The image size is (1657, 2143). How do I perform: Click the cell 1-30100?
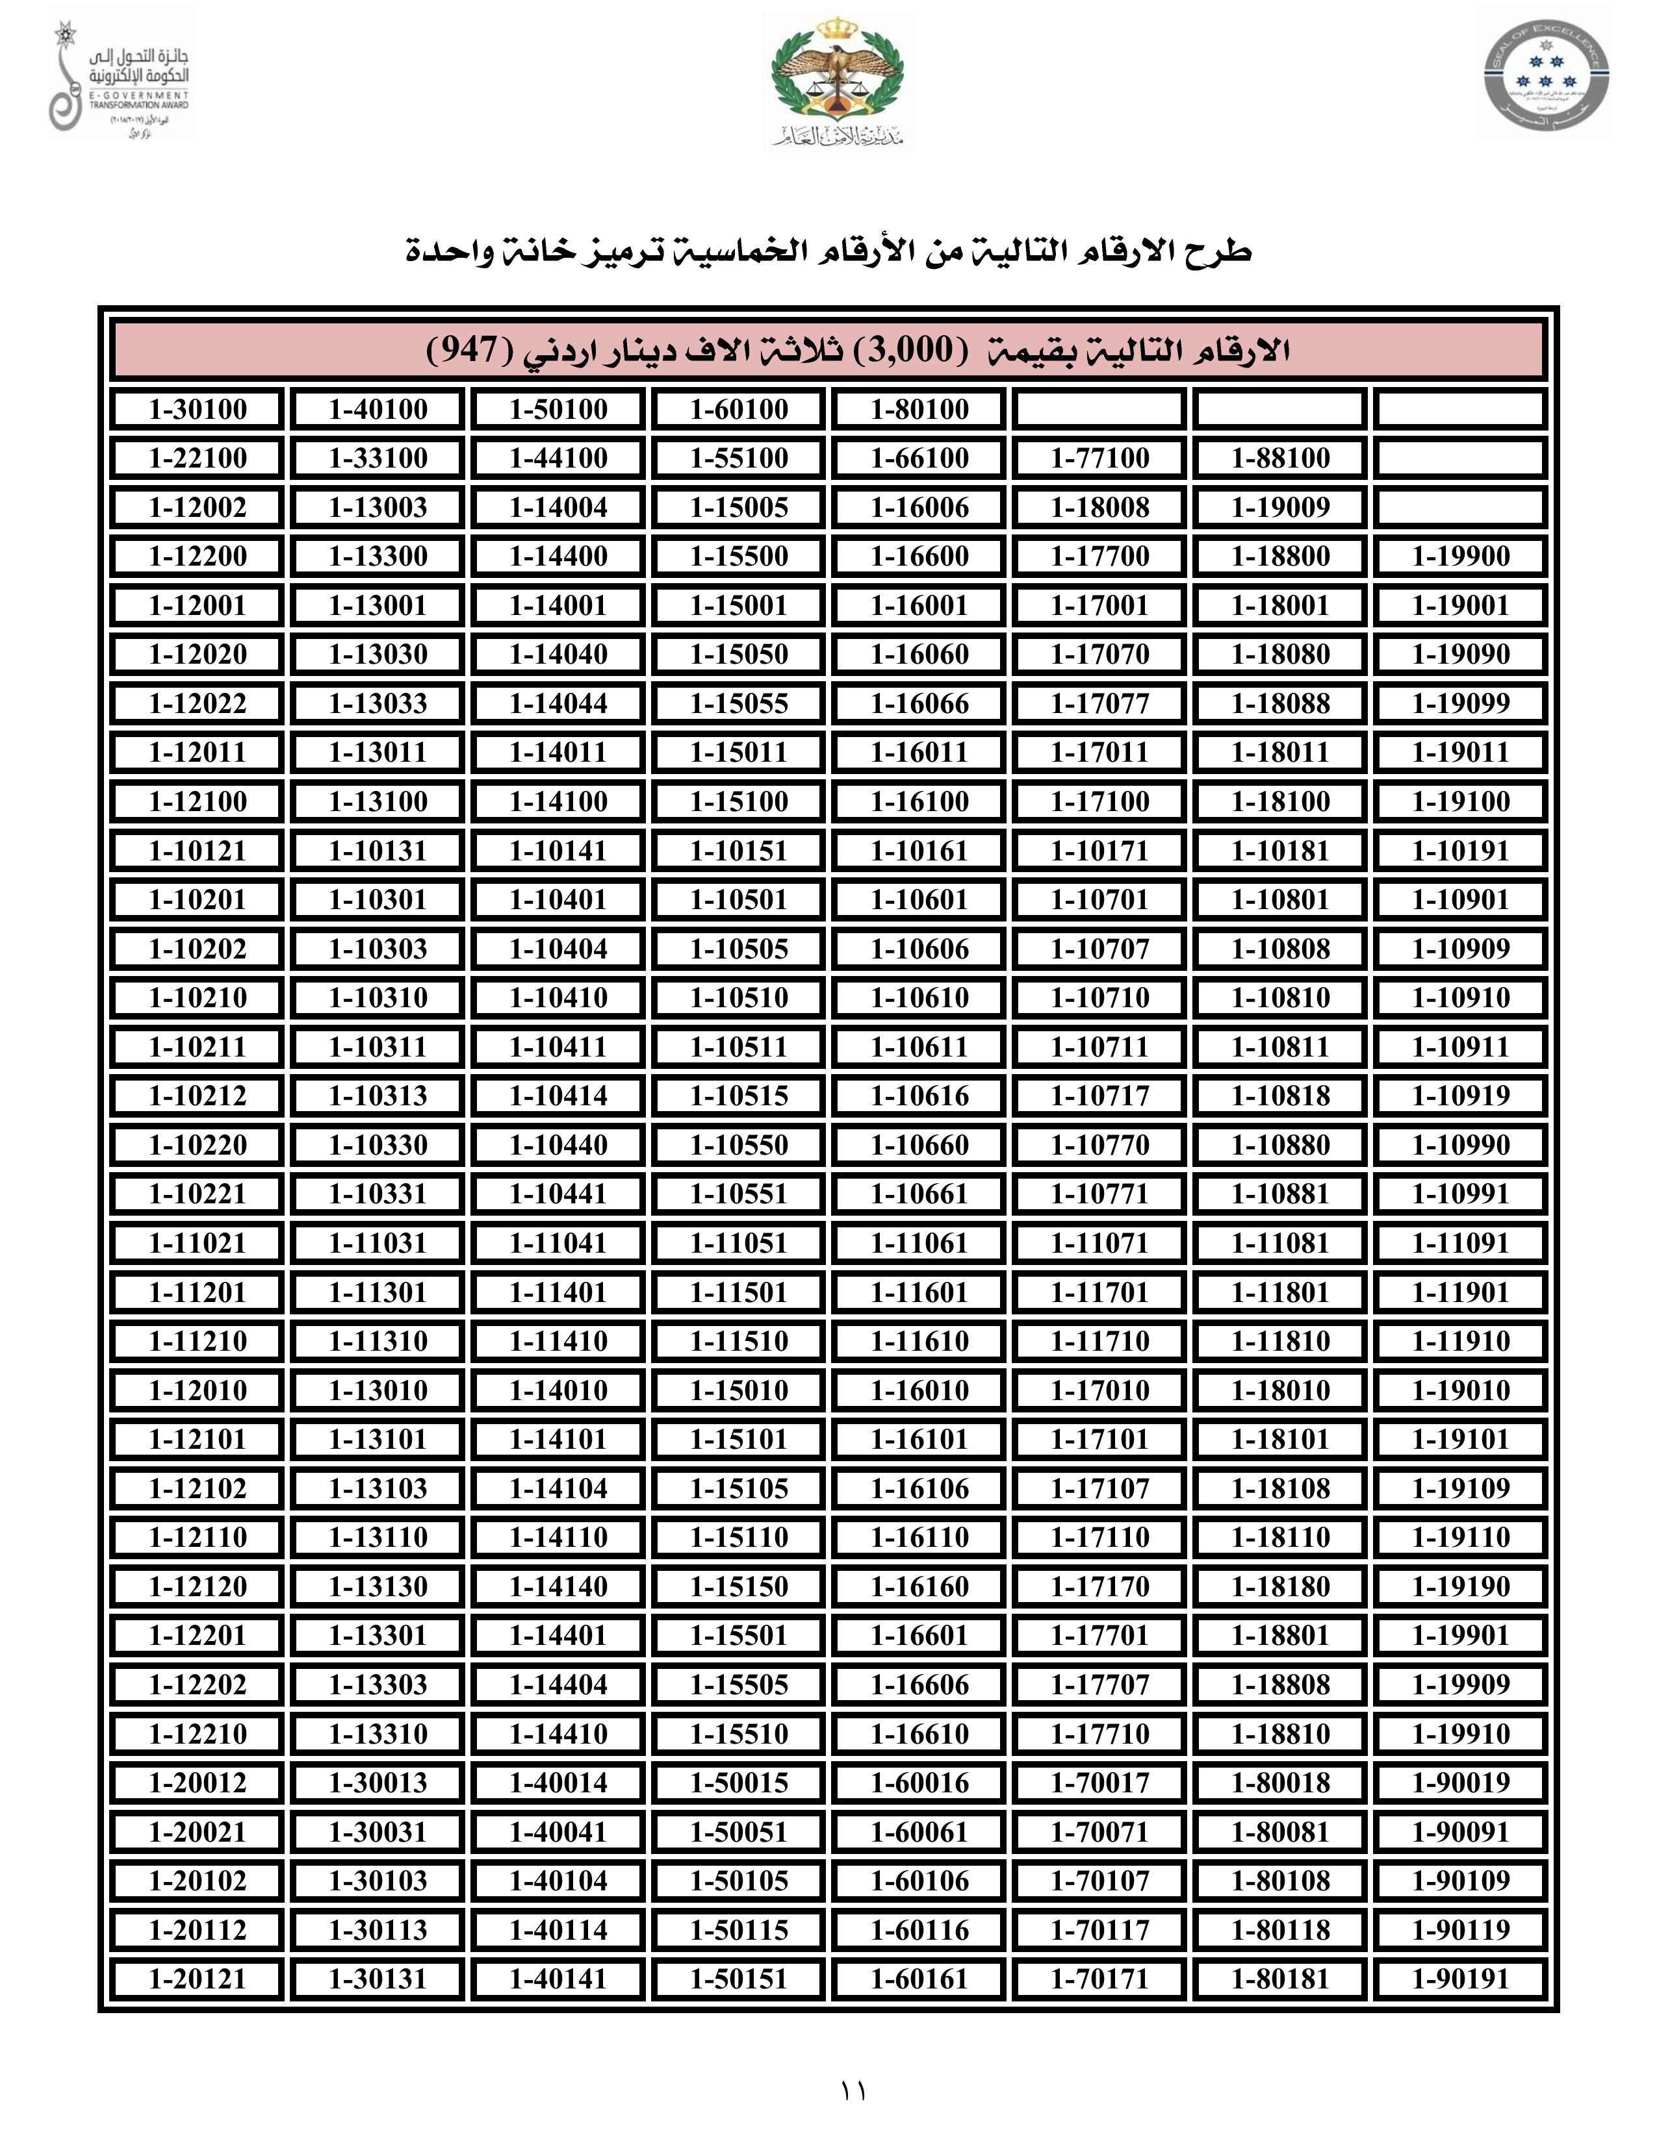[198, 409]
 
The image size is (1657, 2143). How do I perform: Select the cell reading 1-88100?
[1280, 458]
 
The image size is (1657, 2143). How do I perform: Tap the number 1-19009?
[1280, 507]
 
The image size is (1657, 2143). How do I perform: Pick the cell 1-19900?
[1461, 557]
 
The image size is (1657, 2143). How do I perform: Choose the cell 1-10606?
[919, 949]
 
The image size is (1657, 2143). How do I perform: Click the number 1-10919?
[1461, 1096]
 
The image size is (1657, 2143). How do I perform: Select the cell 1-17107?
[1099, 1488]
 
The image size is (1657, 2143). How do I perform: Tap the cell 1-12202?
[198, 1685]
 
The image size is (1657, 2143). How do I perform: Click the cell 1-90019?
[1461, 1783]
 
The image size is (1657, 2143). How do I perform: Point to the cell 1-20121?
[198, 1979]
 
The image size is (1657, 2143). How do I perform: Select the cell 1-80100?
[919, 409]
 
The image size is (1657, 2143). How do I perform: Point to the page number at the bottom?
[852, 2091]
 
